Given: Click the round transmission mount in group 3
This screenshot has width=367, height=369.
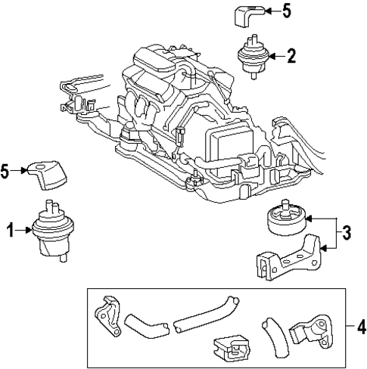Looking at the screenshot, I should (x=285, y=220).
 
